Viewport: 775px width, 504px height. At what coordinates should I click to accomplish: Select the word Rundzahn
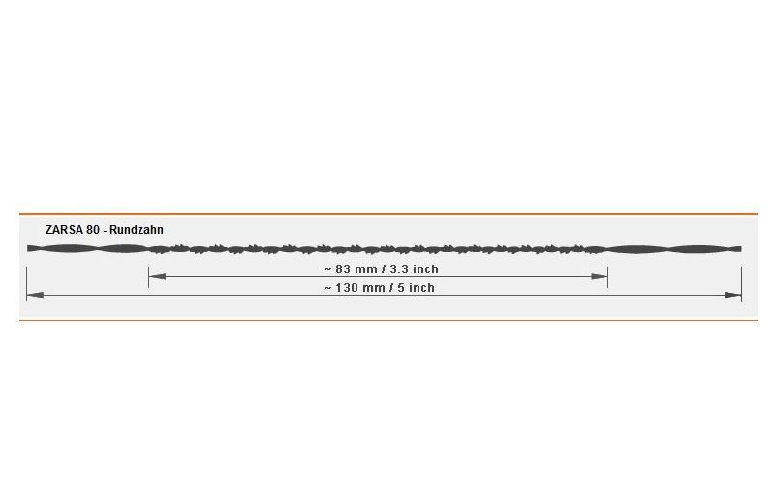point(137,230)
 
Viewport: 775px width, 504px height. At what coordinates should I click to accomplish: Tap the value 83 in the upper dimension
point(344,269)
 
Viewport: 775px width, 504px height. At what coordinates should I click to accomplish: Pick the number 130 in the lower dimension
point(347,287)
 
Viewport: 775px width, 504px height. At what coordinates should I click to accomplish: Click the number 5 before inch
point(401,287)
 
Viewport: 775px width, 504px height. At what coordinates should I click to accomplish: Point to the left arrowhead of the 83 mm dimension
point(157,276)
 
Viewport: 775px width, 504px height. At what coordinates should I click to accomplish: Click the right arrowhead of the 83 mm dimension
point(600,276)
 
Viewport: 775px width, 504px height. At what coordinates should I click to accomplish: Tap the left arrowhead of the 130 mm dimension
point(35,296)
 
